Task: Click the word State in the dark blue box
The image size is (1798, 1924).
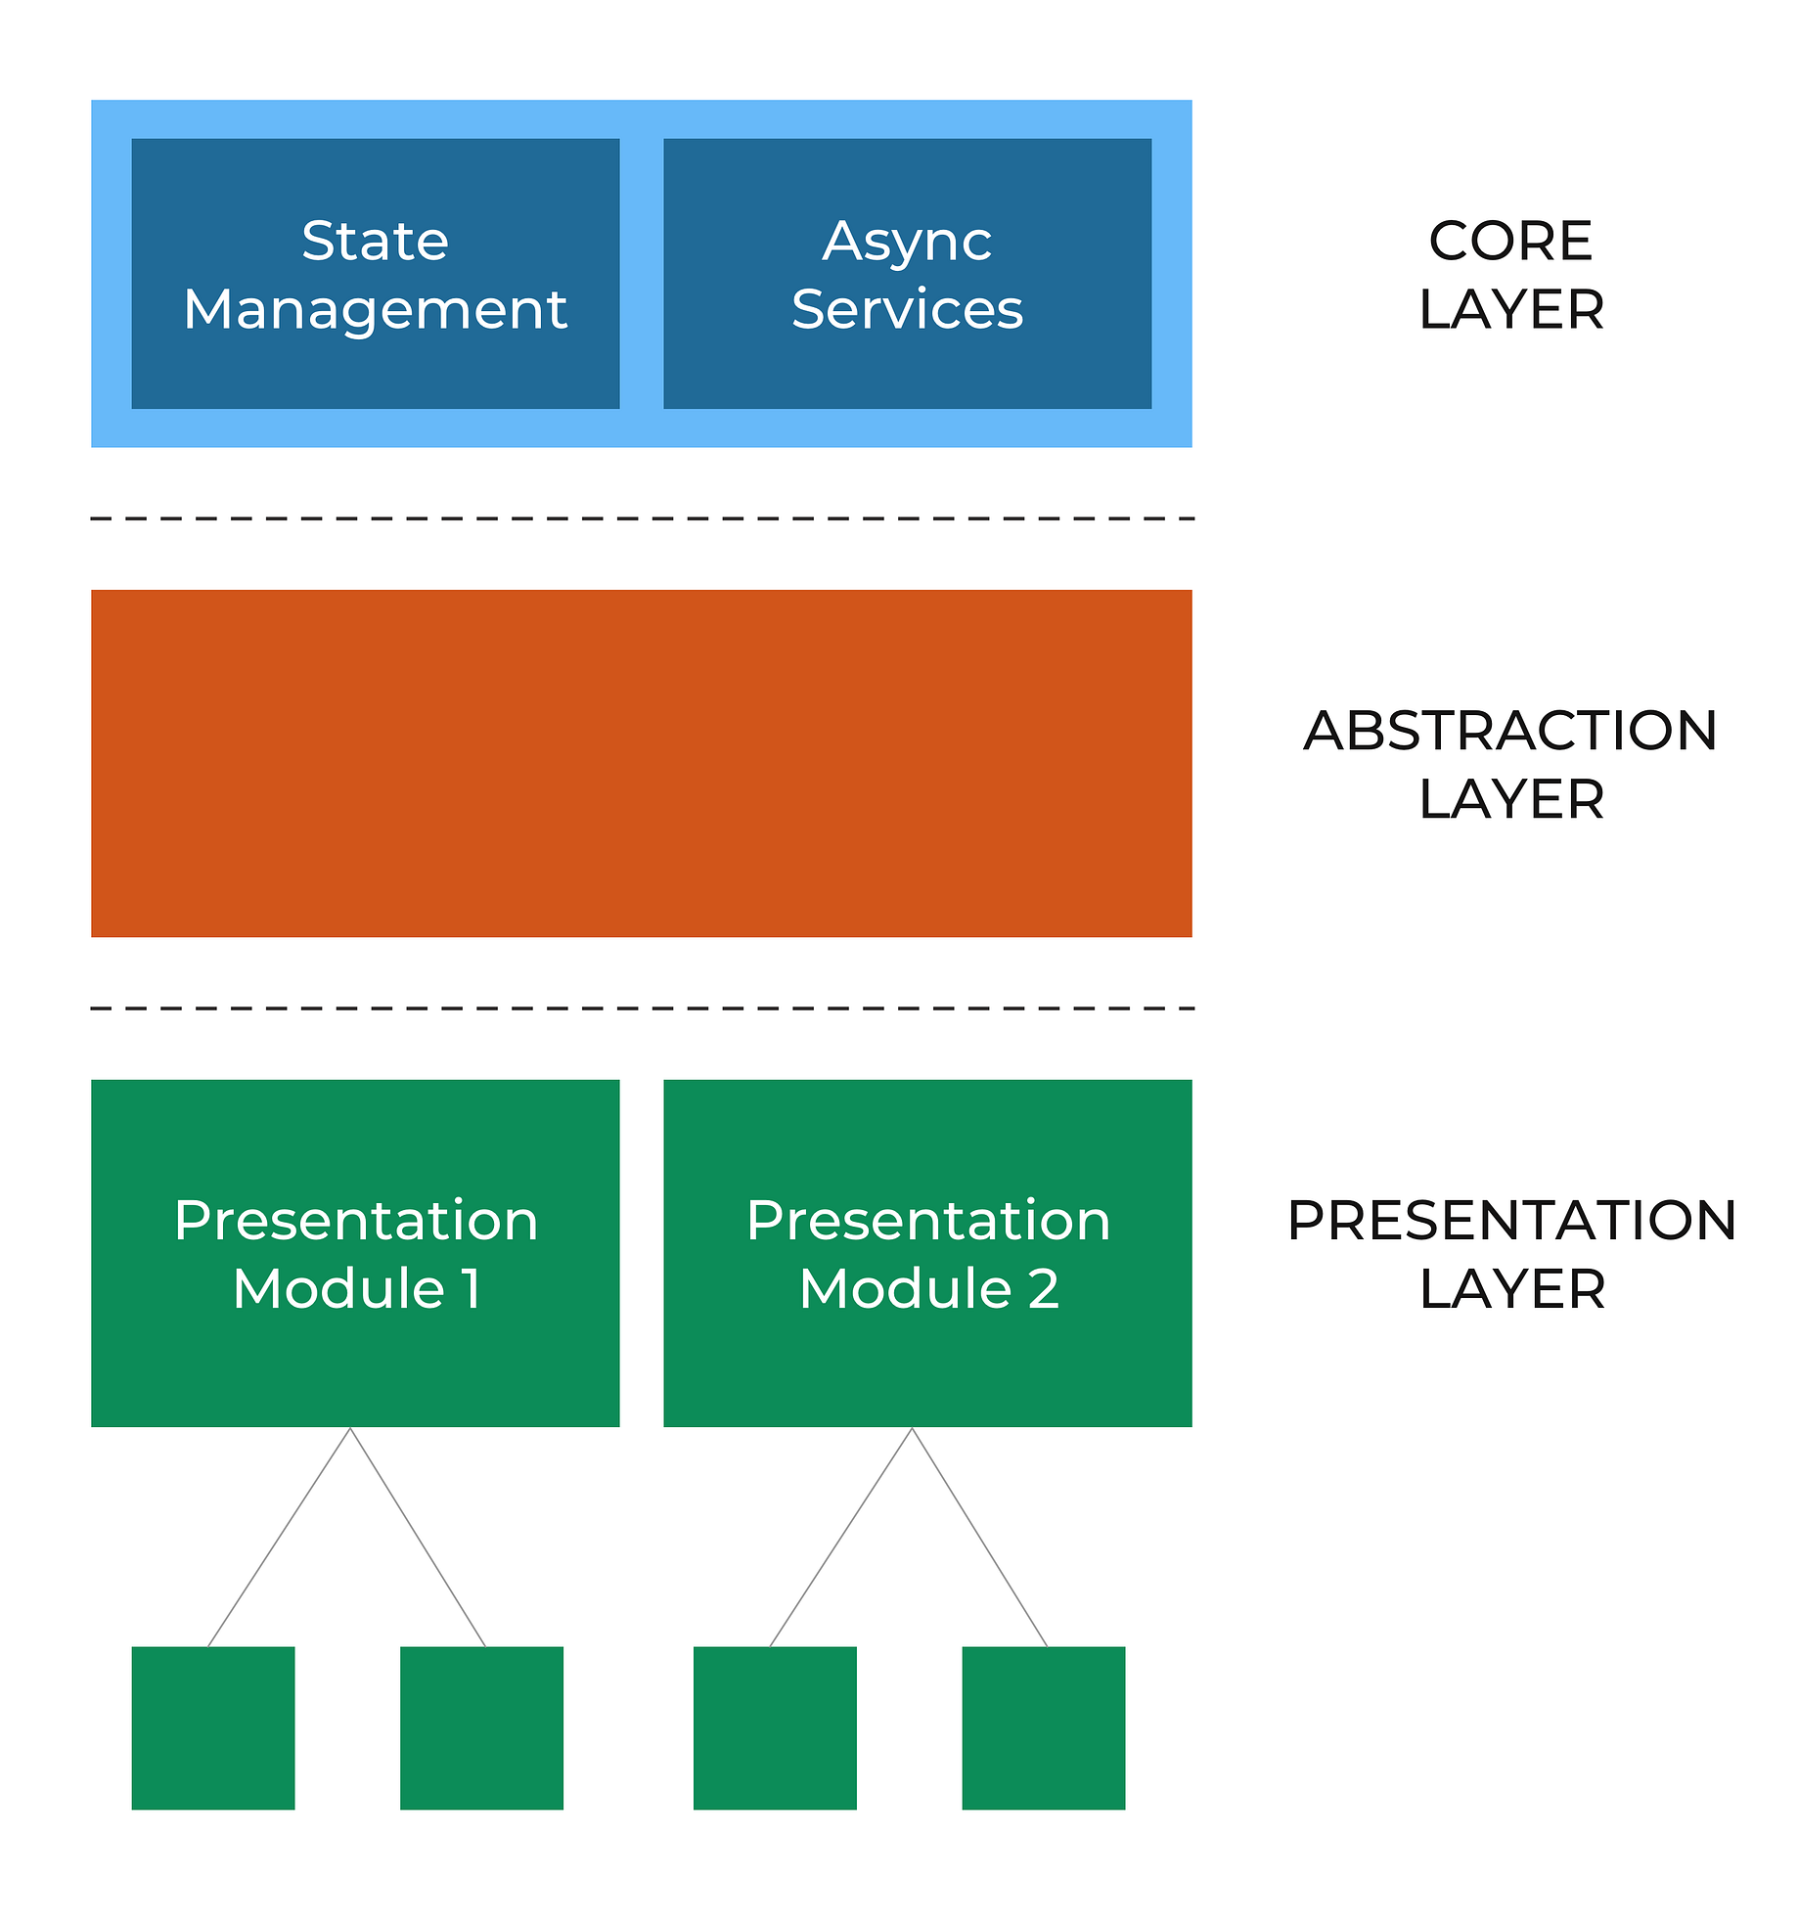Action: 375,241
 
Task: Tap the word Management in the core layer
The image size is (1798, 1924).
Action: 375,311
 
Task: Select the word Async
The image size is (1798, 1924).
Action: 907,243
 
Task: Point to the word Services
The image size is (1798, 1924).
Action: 907,310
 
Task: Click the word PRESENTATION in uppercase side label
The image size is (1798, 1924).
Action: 1510,1221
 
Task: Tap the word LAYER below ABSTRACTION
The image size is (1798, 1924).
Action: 1510,800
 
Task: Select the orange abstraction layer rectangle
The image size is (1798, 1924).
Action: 641,763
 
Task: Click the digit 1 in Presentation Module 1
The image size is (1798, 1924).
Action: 472,1288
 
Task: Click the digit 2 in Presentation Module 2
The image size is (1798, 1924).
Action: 1044,1288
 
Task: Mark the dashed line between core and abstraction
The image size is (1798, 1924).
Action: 641,518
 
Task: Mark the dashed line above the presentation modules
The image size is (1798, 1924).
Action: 641,1007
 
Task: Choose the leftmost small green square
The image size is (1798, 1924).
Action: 213,1727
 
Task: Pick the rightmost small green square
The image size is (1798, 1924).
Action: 1043,1727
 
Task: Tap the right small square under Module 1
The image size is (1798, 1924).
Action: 481,1727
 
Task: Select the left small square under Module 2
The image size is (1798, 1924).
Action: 775,1727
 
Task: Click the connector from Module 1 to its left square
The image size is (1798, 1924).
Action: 279,1537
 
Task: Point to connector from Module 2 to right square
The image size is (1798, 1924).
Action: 979,1537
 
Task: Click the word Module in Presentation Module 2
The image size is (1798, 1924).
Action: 906,1288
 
